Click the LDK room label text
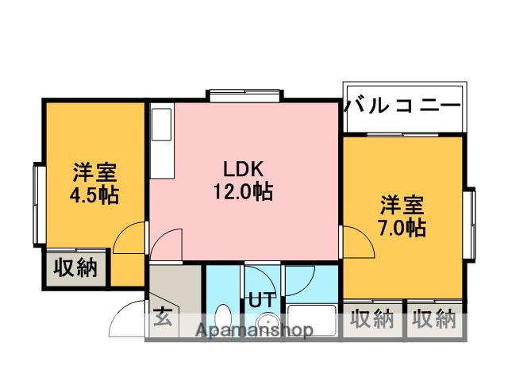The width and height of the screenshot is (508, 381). [x=243, y=169]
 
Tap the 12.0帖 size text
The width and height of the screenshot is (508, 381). [x=243, y=191]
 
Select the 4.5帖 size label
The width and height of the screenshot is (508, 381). [x=94, y=194]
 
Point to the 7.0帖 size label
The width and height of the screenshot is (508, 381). [x=402, y=227]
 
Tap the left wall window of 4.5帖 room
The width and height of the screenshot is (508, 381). [x=37, y=204]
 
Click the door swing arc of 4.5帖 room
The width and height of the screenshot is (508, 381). [x=129, y=239]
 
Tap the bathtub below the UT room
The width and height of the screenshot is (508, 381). [x=310, y=321]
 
